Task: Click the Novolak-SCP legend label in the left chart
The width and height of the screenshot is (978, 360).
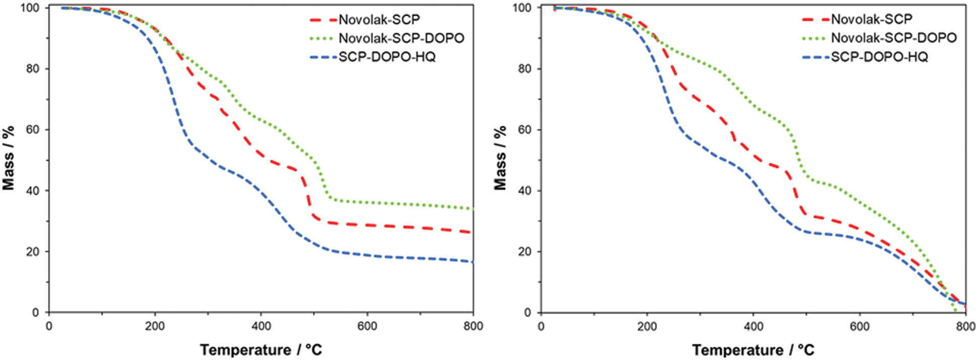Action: point(379,20)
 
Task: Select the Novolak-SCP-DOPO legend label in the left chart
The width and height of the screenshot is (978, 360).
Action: point(401,38)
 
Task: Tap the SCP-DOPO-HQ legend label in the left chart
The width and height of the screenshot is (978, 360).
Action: point(387,57)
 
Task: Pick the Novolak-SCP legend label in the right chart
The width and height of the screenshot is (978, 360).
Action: point(872,19)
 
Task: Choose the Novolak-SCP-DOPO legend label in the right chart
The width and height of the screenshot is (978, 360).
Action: point(894,38)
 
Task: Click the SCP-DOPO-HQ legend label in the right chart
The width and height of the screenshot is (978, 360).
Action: point(879,56)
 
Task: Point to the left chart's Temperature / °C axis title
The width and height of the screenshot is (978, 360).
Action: point(261,350)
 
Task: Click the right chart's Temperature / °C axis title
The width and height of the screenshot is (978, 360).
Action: point(753,350)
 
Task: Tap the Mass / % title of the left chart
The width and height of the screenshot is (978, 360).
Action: point(9,158)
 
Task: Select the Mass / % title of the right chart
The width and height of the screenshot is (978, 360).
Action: point(501,158)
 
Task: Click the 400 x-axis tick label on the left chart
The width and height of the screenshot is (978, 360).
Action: point(261,326)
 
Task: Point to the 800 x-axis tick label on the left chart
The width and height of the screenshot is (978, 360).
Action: point(473,326)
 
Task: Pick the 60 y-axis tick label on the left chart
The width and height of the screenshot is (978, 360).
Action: point(33,130)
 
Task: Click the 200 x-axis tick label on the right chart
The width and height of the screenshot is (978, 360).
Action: point(647,326)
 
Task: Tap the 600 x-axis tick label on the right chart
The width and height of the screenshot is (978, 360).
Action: point(860,326)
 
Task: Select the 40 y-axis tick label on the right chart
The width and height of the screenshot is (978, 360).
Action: point(525,191)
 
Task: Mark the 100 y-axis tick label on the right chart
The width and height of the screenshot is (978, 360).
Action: point(522,8)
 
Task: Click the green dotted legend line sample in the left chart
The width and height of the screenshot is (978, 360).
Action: point(322,38)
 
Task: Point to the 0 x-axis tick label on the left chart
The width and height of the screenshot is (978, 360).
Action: point(49,326)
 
